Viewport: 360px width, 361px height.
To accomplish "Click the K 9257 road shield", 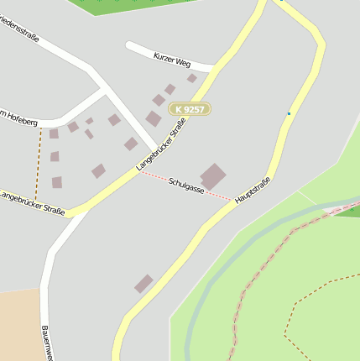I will tap(190, 109).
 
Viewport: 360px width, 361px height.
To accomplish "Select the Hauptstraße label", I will tap(253, 191).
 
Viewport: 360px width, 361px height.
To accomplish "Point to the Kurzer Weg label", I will tap(172, 60).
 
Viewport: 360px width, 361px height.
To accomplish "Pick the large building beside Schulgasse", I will tap(213, 176).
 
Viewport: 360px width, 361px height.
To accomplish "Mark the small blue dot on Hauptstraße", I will tap(289, 113).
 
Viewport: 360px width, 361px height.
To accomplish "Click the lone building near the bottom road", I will tap(144, 283).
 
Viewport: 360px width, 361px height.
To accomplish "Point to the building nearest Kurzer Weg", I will tap(191, 78).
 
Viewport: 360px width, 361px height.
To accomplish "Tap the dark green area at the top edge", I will tap(134, 5).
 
